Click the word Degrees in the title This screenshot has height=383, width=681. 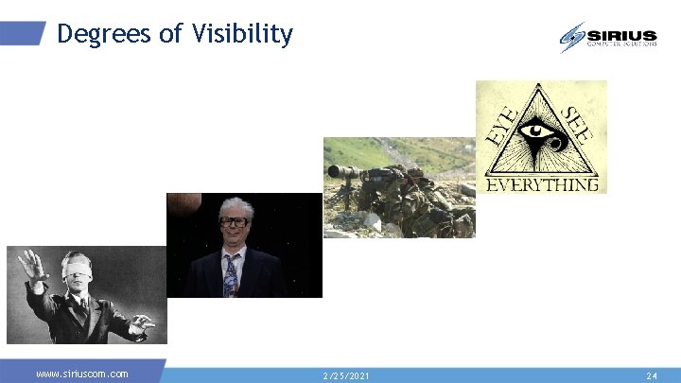pyautogui.click(x=103, y=35)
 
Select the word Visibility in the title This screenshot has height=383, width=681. pyautogui.click(x=242, y=35)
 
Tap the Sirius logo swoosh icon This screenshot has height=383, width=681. pyautogui.click(x=572, y=36)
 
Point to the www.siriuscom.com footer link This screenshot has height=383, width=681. pyautogui.click(x=81, y=374)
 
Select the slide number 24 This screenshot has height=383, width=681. pyautogui.click(x=651, y=375)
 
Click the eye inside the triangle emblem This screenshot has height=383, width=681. pyautogui.click(x=540, y=130)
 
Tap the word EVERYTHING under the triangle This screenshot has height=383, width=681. pyautogui.click(x=541, y=184)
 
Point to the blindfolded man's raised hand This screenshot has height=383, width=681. pyautogui.click(x=33, y=263)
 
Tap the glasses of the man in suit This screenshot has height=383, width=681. pyautogui.click(x=233, y=221)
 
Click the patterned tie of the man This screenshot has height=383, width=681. pyautogui.click(x=231, y=275)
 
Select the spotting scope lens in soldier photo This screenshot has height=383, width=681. pyautogui.click(x=335, y=173)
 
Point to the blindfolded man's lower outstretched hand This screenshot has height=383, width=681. pyautogui.click(x=141, y=325)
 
